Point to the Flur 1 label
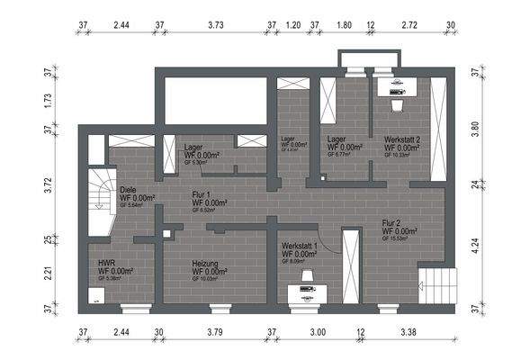click(202, 194)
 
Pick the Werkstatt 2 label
click(403, 139)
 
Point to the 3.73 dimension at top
click(215, 26)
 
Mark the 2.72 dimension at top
click(409, 26)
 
